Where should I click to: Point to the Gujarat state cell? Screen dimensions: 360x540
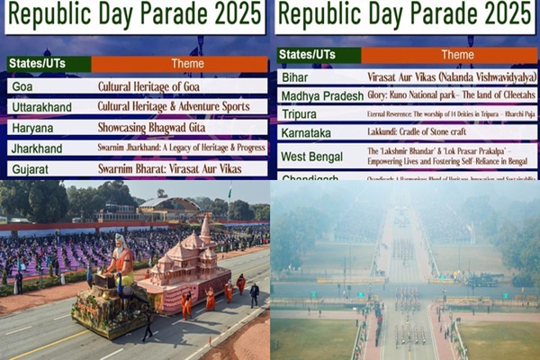tap(29, 168)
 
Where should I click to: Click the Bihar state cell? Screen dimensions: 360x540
tap(295, 77)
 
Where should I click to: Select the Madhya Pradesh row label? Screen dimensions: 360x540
tap(322, 95)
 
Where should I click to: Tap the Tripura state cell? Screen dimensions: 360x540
tap(301, 113)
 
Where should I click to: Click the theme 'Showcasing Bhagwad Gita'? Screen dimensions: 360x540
tap(153, 128)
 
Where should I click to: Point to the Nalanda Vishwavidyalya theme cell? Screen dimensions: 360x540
tap(451, 77)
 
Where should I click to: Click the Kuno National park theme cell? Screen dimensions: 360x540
tap(451, 95)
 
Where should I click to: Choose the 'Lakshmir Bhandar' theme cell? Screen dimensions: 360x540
tap(451, 156)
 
